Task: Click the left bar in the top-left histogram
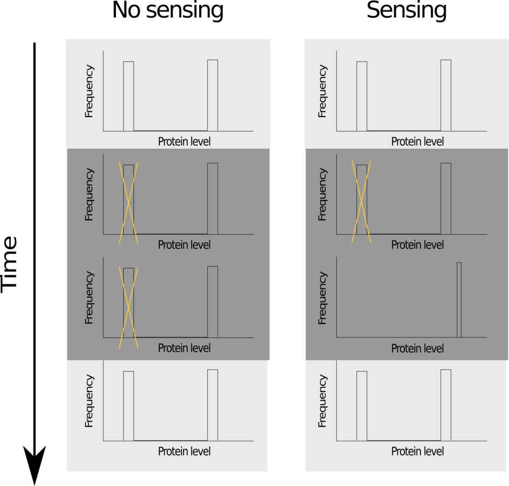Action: click(x=128, y=96)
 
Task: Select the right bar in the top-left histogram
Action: click(x=213, y=95)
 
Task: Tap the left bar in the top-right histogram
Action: click(x=362, y=96)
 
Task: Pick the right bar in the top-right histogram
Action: click(x=446, y=95)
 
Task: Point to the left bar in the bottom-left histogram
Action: click(x=128, y=406)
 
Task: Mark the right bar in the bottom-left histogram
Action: click(x=213, y=405)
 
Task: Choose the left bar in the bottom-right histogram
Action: click(x=362, y=406)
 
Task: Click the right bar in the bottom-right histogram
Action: click(x=446, y=405)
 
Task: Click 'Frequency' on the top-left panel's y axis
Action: click(x=90, y=91)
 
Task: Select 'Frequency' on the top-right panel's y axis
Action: click(x=323, y=91)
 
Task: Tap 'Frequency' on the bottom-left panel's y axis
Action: click(x=90, y=401)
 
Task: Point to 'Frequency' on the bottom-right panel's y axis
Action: click(x=323, y=401)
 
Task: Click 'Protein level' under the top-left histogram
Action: click(x=184, y=141)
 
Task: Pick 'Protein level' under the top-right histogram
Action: click(x=417, y=141)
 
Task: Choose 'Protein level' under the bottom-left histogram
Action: click(x=184, y=451)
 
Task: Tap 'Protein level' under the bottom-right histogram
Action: click(x=417, y=451)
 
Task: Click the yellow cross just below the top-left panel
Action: click(x=128, y=202)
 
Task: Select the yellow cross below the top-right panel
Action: click(x=361, y=201)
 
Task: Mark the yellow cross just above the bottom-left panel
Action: click(x=128, y=307)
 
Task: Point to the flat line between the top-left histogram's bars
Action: click(x=171, y=131)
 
